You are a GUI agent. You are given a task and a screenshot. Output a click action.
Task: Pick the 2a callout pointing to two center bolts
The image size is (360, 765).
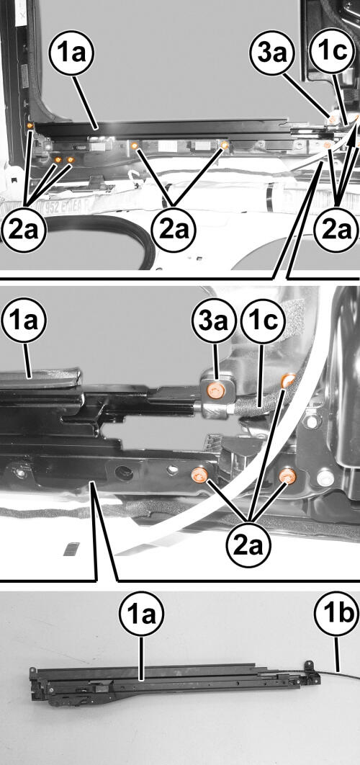pos(174,231)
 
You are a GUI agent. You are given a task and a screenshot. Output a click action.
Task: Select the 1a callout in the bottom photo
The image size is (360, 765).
pos(141,613)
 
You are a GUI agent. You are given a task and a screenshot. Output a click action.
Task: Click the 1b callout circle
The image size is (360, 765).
pos(336,613)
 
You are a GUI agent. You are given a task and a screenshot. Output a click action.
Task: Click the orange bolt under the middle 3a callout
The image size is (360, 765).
pos(215,390)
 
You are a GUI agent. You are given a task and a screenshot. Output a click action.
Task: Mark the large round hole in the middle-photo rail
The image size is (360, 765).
pos(125,473)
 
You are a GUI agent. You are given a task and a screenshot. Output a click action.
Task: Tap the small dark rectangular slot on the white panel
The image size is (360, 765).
pos(71,548)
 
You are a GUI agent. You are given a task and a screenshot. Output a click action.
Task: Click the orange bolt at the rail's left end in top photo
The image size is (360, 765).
pos(30,126)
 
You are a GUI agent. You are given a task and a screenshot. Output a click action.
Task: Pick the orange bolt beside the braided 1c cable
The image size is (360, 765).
pos(288,380)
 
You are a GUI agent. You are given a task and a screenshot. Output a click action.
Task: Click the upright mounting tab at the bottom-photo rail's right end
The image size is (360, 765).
pos(308,667)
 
